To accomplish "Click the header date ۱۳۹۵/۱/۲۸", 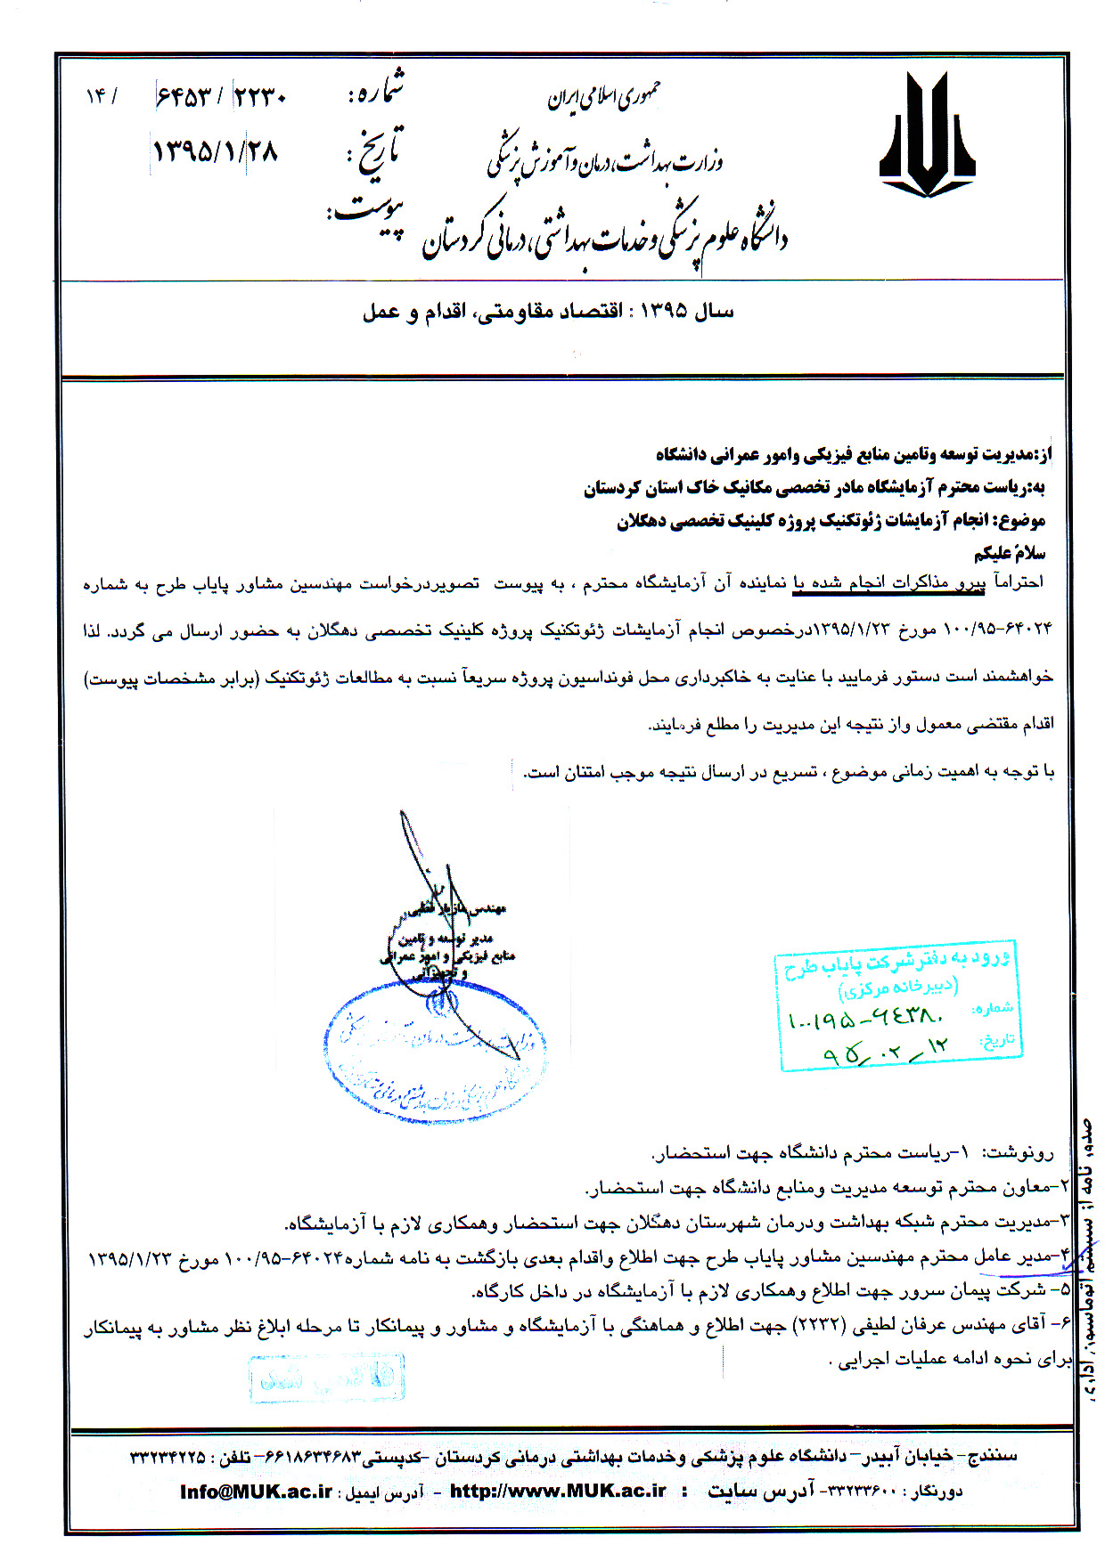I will click(215, 150).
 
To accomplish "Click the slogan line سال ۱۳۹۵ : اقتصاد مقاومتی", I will click(548, 311).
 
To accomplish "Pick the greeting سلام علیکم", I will click(1009, 553).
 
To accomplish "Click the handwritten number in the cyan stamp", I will click(864, 1017).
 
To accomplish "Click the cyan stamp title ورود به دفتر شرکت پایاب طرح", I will click(896, 962).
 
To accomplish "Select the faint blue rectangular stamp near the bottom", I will click(327, 1378).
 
